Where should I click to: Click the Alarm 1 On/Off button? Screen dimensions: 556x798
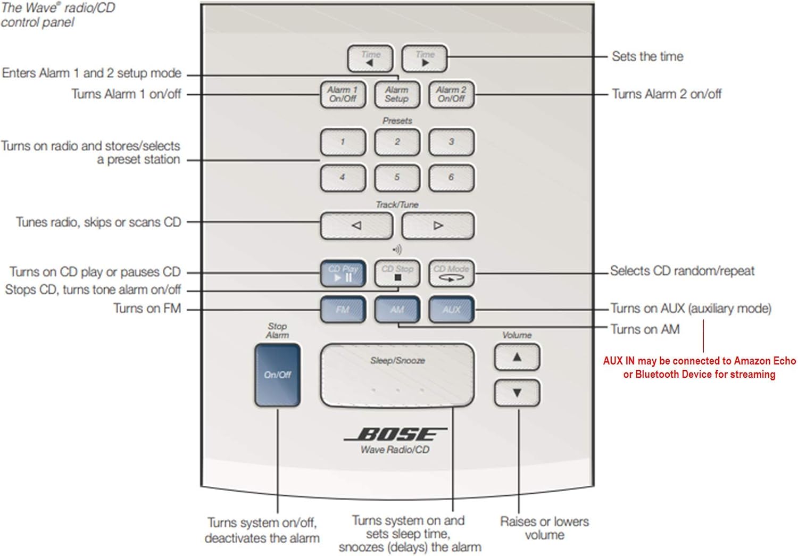[x=343, y=95]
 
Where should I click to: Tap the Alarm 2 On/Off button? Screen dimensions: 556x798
[x=451, y=95]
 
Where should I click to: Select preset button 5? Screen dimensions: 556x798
[x=397, y=177]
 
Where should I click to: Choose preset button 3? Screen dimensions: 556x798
[x=451, y=142]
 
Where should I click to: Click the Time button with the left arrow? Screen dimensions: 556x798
[x=370, y=59]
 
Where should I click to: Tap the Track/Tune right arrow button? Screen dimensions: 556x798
[x=438, y=226]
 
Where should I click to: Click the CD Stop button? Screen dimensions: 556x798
[x=397, y=273]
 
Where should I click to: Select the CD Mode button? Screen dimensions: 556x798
[x=451, y=273]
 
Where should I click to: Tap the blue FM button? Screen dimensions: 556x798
[x=343, y=310]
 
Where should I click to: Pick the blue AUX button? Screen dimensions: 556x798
[x=451, y=310]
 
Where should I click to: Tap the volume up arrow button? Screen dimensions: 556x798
[x=517, y=357]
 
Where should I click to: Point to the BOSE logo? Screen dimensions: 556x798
[x=395, y=435]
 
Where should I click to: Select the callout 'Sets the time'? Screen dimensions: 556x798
[x=647, y=56]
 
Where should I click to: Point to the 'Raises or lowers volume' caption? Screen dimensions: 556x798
[x=544, y=528]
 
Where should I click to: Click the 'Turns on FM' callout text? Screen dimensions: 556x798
[x=147, y=309]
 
